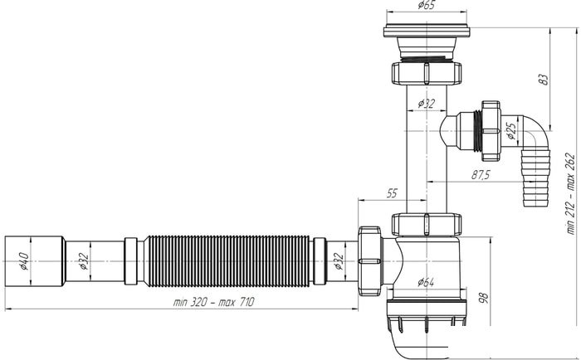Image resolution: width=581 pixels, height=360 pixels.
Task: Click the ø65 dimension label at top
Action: pyautogui.click(x=426, y=5)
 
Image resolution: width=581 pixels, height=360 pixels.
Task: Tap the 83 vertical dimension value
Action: pyautogui.click(x=544, y=80)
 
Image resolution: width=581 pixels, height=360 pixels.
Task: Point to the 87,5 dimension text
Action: pyautogui.click(x=481, y=174)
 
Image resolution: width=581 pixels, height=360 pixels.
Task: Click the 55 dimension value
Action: pyautogui.click(x=392, y=193)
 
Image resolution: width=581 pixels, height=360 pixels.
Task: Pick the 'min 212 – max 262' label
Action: pyautogui.click(x=571, y=193)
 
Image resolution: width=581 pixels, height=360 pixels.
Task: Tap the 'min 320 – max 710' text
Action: pyautogui.click(x=214, y=302)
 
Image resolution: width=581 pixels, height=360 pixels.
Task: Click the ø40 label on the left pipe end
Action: pyautogui.click(x=24, y=261)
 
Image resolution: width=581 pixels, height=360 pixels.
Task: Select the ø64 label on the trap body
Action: pyautogui.click(x=426, y=282)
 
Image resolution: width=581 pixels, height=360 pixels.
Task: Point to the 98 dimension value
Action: pyautogui.click(x=484, y=298)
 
